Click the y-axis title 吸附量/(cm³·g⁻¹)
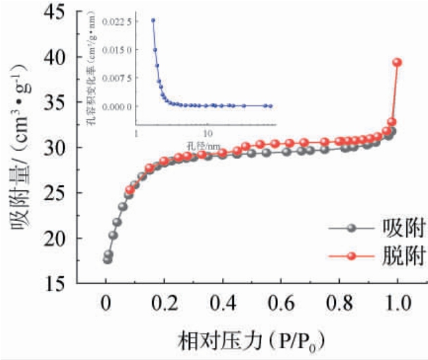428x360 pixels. pyautogui.click(x=19, y=154)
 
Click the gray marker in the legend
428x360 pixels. pyautogui.click(x=352, y=229)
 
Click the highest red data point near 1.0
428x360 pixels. pyautogui.click(x=397, y=63)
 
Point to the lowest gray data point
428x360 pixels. pyautogui.click(x=107, y=259)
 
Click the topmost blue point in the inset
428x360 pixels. pyautogui.click(x=153, y=20)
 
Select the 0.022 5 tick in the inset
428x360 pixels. pyautogui.click(x=119, y=21)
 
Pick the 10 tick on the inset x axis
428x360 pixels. pyautogui.click(x=207, y=130)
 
